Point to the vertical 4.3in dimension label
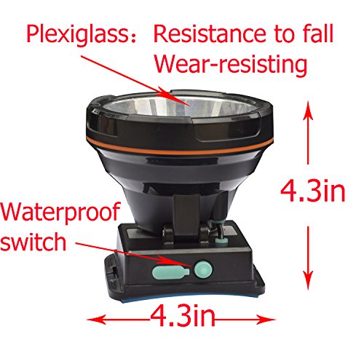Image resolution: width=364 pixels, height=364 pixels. pos(312,192)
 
